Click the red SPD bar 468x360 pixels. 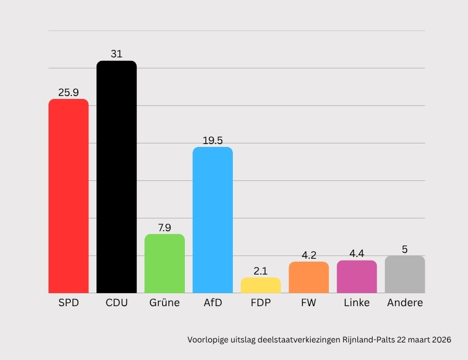click(68, 196)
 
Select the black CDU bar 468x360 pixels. click(116, 177)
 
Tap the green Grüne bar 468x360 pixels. click(164, 263)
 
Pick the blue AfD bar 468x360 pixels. click(213, 220)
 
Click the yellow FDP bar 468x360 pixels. click(261, 286)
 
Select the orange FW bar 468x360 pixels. click(309, 277)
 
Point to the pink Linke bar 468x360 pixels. click(357, 277)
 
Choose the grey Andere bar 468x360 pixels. click(405, 275)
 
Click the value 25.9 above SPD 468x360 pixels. click(68, 92)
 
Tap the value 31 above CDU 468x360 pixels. click(116, 54)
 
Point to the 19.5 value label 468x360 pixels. click(213, 140)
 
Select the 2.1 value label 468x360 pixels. click(261, 271)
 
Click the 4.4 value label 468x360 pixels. click(357, 254)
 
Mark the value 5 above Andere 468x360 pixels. click(405, 249)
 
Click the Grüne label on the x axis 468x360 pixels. click(164, 303)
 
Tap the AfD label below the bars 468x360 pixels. click(213, 303)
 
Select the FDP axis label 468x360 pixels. click(261, 303)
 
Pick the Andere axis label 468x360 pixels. click(405, 303)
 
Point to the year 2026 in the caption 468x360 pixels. click(441, 340)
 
